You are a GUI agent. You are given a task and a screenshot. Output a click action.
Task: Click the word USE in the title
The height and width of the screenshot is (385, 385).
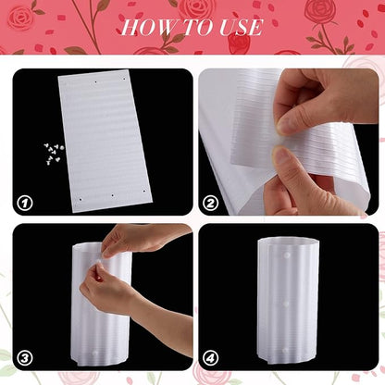click(241, 27)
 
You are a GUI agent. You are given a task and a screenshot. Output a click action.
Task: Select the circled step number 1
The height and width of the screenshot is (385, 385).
click(25, 204)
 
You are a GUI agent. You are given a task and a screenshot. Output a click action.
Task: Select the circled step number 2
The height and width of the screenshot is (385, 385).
click(211, 204)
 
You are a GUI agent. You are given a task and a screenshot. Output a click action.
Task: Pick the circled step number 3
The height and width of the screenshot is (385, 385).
click(25, 358)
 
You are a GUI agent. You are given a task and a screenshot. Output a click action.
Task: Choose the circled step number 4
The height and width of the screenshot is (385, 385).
click(211, 358)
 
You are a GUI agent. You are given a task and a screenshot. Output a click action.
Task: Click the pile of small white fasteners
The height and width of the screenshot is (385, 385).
click(54, 153)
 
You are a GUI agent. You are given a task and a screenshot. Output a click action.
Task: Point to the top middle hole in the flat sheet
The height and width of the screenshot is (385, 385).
click(95, 82)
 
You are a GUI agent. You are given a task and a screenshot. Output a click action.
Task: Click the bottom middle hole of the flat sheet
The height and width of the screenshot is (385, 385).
click(113, 195)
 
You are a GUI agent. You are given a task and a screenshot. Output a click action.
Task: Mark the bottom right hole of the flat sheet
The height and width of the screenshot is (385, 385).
click(143, 192)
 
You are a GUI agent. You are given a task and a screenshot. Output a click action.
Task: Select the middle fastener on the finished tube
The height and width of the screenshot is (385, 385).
click(286, 304)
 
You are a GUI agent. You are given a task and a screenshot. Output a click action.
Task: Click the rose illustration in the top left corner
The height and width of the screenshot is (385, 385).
click(21, 18)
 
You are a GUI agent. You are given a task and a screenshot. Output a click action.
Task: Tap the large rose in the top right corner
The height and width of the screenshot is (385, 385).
click(321, 12)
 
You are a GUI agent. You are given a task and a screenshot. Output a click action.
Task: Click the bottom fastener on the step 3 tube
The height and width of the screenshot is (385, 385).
click(95, 353)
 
